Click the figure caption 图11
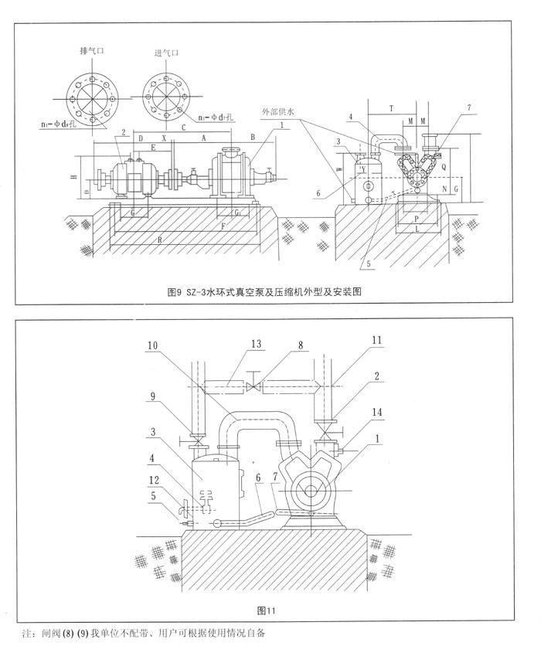tap(265, 610)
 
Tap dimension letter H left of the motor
tap(73, 177)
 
